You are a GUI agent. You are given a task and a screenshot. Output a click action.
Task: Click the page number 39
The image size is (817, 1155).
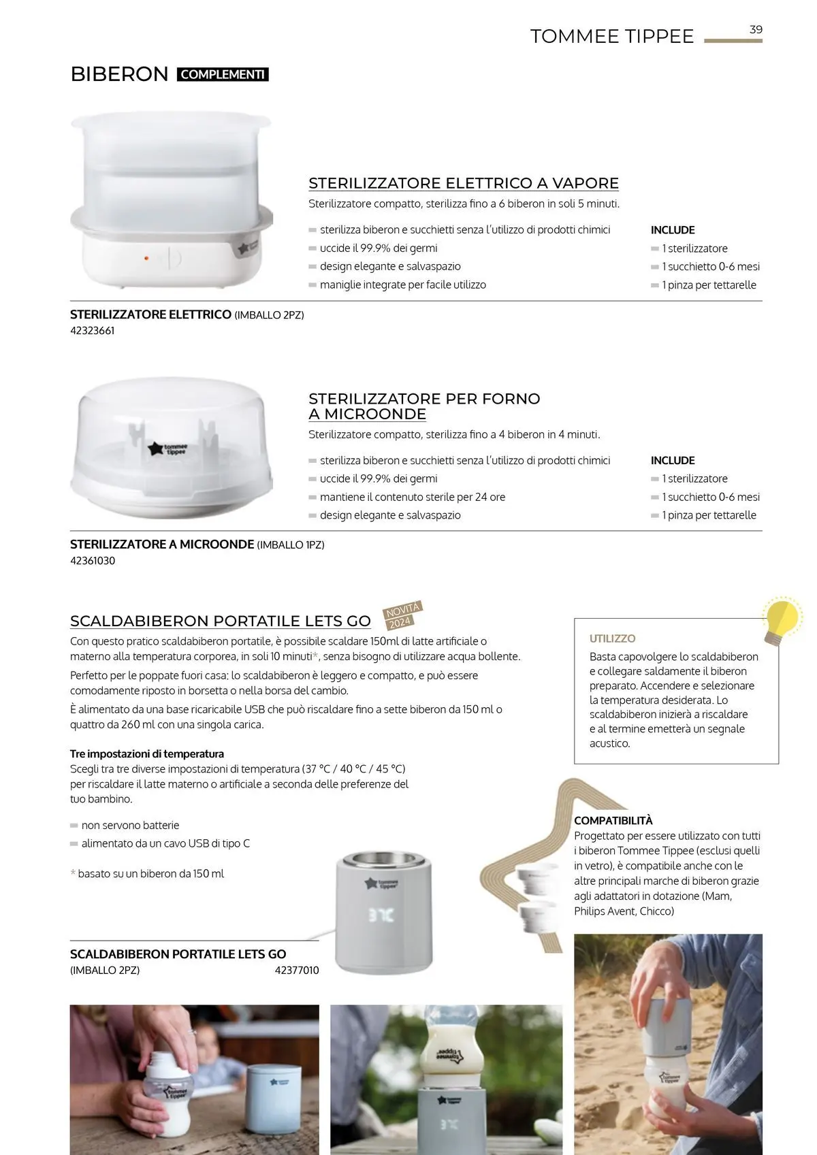click(756, 29)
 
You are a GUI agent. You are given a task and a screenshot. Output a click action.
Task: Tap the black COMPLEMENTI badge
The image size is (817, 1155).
click(223, 74)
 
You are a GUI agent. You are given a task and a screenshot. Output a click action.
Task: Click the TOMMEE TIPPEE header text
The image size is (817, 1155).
click(611, 36)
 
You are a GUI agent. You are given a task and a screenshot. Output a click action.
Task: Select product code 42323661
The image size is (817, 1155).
click(93, 331)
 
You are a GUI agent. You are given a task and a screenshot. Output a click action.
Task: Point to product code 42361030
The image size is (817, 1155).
click(93, 561)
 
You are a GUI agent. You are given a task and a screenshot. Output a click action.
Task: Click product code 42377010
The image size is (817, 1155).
click(297, 970)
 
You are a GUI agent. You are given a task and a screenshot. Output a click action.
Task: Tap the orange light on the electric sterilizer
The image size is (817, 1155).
click(146, 259)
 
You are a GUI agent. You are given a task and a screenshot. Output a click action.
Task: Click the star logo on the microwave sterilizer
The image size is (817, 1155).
click(155, 449)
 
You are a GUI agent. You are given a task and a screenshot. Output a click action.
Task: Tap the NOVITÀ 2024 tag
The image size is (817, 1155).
click(402, 615)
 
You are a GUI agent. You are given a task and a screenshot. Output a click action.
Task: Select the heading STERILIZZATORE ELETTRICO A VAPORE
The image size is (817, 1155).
click(463, 183)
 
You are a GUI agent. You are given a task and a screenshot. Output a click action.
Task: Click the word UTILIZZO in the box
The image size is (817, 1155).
click(612, 638)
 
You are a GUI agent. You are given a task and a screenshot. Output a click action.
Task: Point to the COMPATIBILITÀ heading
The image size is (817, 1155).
click(613, 820)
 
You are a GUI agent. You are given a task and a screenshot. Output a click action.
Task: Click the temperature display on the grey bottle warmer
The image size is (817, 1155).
click(381, 915)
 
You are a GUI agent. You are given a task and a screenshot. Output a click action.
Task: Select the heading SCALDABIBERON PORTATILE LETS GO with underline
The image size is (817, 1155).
click(220, 621)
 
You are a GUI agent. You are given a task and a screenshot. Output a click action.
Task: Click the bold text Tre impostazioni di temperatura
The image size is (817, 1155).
click(147, 753)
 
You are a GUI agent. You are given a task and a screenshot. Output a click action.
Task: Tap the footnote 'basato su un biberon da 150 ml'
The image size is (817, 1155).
click(150, 873)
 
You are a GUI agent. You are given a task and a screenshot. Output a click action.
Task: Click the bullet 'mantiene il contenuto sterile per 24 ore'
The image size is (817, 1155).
click(412, 497)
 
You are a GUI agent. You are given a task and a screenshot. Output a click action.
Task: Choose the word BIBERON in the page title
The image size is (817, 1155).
click(119, 74)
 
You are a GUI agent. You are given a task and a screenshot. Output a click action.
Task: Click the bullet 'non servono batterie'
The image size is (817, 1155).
click(130, 825)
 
